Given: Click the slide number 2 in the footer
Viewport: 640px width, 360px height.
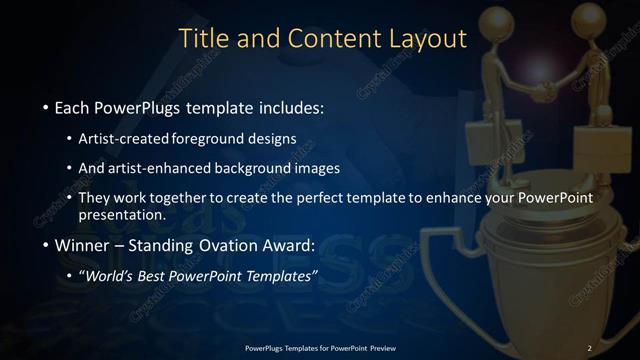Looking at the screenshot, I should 590,347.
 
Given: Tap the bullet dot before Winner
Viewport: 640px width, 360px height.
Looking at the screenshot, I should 46,244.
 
